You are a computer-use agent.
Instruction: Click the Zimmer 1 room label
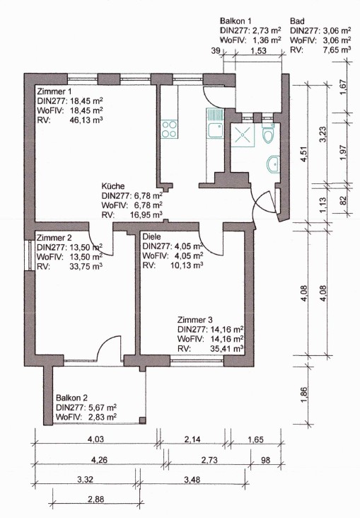54,91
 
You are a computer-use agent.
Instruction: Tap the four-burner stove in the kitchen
170,129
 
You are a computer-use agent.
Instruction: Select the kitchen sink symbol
215,123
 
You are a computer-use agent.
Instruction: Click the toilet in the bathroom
268,133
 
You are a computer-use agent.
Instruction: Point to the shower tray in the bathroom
243,134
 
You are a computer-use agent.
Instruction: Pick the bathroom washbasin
274,164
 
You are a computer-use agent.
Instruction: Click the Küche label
113,185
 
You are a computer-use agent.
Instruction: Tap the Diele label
151,237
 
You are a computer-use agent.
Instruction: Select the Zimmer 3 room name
195,320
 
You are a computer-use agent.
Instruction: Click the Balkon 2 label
71,398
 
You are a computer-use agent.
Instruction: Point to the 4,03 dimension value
95,439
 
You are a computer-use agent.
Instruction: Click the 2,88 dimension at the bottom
95,500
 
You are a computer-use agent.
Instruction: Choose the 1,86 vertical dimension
304,393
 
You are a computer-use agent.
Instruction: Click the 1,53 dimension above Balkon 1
258,51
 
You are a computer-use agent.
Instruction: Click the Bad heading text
297,21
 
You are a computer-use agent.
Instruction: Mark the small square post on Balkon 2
142,420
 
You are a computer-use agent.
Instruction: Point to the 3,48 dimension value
192,479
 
